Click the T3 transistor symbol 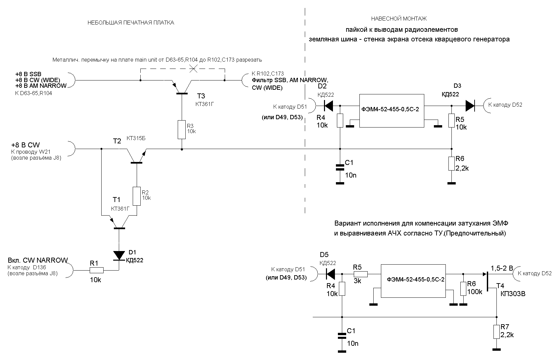(x=182, y=87)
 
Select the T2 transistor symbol (x=136, y=156)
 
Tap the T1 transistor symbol (x=119, y=222)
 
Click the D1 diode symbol (x=119, y=256)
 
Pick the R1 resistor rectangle (x=96, y=270)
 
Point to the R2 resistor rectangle (x=137, y=196)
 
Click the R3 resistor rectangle (x=182, y=130)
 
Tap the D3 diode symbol (x=470, y=106)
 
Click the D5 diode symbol (x=330, y=274)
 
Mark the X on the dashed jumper (x=193, y=69)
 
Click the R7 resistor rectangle (x=496, y=332)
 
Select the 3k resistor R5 (x=361, y=274)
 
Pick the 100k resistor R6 (x=463, y=289)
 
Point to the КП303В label (x=513, y=294)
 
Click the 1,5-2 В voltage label (x=502, y=268)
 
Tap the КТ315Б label (x=136, y=138)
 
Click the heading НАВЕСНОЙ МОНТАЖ (x=399, y=19)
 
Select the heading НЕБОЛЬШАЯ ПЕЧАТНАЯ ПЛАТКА (x=131, y=23)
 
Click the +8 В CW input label (x=25, y=145)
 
